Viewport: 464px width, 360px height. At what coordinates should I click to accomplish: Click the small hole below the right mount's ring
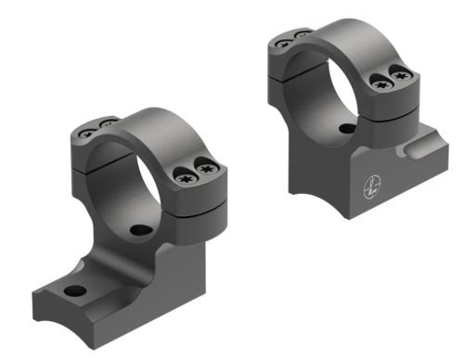(x=345, y=129)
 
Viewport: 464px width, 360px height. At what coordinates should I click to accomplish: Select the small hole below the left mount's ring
(x=139, y=229)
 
